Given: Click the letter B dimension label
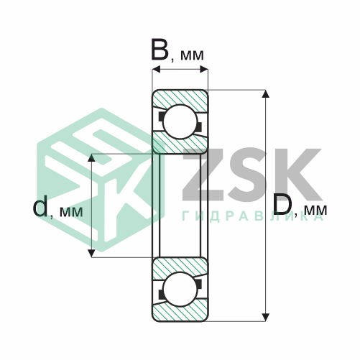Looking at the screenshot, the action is (x=160, y=50).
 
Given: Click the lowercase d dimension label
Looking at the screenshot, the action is (x=40, y=206).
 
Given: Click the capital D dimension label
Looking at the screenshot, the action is (x=282, y=204).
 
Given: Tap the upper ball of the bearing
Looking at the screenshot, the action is (x=180, y=121).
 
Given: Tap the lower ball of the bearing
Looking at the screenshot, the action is (x=180, y=289).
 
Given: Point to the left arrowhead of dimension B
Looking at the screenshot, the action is (x=156, y=70).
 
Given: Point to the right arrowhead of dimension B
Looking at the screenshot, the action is (x=204, y=70).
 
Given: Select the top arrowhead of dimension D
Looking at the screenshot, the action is (x=266, y=94).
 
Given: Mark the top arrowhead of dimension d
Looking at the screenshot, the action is (x=92, y=157).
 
